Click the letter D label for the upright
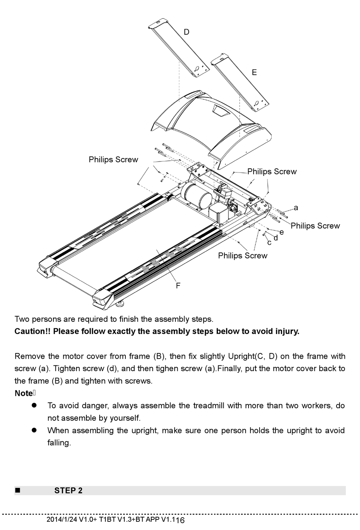tap(186, 32)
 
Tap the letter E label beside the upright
tap(254, 72)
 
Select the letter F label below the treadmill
tap(178, 286)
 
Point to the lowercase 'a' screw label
tap(296, 208)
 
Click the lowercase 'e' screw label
tap(282, 232)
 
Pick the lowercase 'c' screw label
tap(269, 242)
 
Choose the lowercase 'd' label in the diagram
tap(275, 238)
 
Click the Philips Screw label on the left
tap(113, 160)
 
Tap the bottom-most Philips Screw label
tap(243, 256)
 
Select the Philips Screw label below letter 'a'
tap(315, 226)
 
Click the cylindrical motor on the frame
tap(196, 195)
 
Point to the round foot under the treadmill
tap(122, 303)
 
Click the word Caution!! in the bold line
tap(32, 331)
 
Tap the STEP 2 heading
tap(68, 491)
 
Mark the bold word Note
tap(23, 393)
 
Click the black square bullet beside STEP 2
tap(17, 491)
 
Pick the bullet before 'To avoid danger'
tap(34, 405)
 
